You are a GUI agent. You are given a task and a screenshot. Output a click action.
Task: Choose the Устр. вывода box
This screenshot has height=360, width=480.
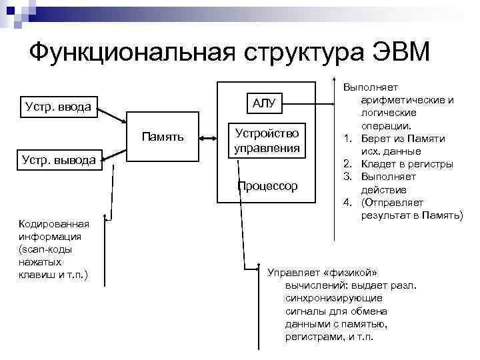tap(61, 161)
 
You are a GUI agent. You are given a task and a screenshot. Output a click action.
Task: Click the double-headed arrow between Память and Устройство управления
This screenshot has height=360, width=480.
tap(207, 138)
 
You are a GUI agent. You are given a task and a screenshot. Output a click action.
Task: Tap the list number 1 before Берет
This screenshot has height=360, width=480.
tap(347, 138)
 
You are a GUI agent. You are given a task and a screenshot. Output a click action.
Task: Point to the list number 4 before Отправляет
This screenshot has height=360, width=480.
tap(347, 203)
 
